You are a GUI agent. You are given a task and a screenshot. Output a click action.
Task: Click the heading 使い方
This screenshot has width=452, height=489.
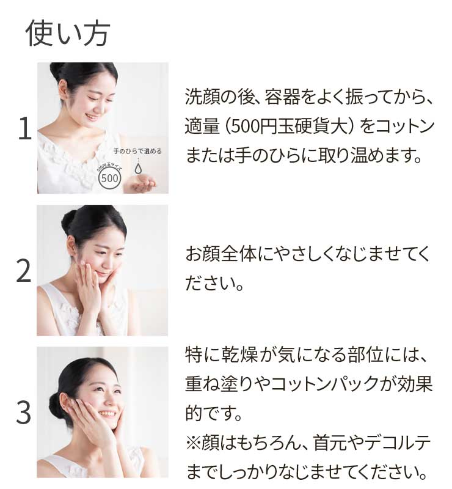[68, 34]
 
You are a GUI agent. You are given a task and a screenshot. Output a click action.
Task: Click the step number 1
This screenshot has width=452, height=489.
[25, 128]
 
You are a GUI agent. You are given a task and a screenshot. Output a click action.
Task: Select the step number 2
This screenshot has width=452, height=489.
[24, 271]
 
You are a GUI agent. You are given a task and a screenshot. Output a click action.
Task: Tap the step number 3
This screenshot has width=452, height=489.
[24, 413]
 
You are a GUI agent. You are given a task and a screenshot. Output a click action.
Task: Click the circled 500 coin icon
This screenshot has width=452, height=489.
[109, 178]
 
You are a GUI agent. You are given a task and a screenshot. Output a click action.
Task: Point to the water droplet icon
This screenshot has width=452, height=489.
[137, 168]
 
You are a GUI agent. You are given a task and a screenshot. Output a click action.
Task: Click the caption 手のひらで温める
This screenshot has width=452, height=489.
[137, 152]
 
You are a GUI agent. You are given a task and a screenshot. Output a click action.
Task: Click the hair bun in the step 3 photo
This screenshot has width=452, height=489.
[56, 406]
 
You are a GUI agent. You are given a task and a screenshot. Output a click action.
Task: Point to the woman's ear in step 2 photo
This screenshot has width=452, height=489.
[71, 245]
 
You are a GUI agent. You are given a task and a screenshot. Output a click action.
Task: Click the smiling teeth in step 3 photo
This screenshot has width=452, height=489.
[106, 414]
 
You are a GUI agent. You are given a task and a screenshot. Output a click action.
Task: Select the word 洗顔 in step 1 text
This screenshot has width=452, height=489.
[203, 97]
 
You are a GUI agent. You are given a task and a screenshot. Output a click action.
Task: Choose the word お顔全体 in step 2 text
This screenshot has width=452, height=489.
[221, 254]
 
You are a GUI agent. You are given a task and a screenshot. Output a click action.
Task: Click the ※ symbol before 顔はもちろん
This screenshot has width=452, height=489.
[193, 443]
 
